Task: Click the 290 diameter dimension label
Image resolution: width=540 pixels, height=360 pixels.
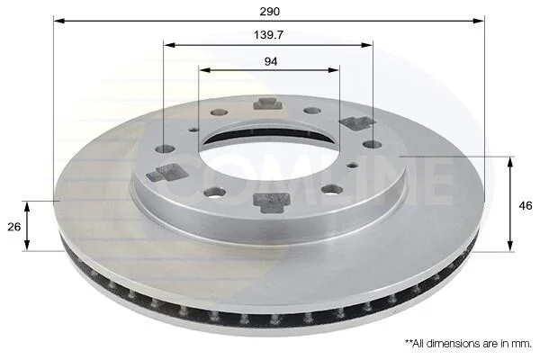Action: [270, 12]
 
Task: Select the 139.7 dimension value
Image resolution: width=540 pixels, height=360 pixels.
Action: [268, 35]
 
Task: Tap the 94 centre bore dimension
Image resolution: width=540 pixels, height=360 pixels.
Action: [271, 62]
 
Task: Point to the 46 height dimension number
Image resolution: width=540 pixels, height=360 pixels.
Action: [526, 206]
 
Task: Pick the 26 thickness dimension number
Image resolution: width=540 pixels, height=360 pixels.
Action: [14, 227]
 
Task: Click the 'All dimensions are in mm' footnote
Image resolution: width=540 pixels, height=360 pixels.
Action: [468, 343]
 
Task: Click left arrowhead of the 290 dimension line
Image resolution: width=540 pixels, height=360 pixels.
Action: [59, 21]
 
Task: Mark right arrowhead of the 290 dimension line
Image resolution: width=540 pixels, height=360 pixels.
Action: [479, 21]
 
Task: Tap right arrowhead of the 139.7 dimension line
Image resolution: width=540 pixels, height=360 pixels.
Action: [367, 45]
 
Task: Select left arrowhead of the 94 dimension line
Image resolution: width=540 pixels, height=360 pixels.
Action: [204, 70]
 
